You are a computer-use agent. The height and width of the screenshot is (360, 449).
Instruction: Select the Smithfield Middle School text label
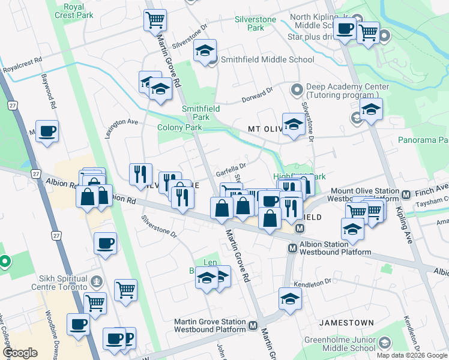click(267, 59)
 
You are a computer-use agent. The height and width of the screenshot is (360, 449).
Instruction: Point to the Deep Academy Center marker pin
click(296, 91)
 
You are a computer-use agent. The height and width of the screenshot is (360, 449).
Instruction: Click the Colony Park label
click(179, 127)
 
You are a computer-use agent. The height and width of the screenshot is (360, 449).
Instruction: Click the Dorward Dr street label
click(258, 94)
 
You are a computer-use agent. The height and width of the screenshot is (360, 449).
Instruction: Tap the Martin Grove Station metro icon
click(253, 326)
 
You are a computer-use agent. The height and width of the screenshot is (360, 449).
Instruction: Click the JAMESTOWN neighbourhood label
click(346, 322)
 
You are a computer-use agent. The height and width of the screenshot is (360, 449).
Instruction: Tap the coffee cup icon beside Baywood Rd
click(47, 131)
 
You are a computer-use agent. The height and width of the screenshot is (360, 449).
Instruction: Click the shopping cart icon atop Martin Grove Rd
click(155, 20)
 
